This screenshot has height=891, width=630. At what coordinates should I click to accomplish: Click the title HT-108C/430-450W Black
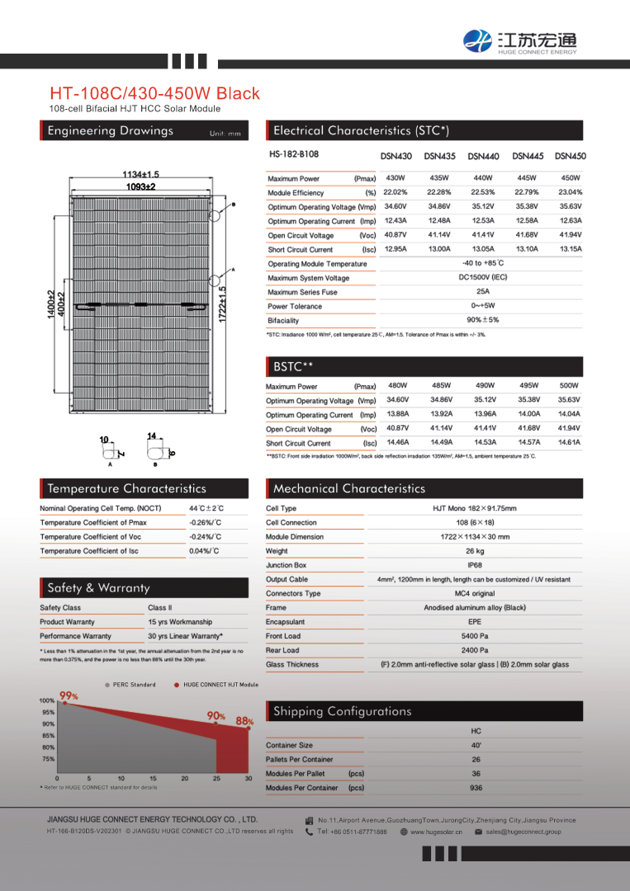[154, 93]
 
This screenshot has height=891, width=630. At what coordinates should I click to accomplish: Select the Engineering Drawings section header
[111, 131]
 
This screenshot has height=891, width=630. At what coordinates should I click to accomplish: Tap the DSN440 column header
[483, 156]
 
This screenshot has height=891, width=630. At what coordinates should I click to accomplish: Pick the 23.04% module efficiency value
[570, 192]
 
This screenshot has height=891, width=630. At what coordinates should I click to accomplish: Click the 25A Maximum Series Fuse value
[483, 292]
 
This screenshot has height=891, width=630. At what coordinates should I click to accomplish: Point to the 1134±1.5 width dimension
[140, 175]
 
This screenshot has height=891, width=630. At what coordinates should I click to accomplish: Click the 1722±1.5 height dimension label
[221, 304]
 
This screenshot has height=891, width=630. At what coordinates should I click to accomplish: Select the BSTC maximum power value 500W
[569, 385]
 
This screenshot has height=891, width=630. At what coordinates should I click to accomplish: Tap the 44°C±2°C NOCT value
[206, 508]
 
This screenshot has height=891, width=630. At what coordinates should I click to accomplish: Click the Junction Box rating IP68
[475, 565]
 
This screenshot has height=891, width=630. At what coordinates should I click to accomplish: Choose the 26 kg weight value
[475, 551]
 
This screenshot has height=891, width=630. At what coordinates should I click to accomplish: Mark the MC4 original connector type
[475, 593]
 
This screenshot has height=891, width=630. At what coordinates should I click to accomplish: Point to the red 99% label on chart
[69, 696]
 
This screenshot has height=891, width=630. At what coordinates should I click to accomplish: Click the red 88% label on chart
[244, 720]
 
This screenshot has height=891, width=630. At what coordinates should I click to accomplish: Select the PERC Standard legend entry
[130, 685]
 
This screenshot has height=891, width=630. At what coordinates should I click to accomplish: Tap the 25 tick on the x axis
[216, 778]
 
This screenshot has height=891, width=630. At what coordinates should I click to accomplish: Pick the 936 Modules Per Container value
[476, 788]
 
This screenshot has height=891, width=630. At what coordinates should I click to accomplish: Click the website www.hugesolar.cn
[436, 832]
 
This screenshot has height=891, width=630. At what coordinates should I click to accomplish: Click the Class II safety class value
[160, 608]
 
